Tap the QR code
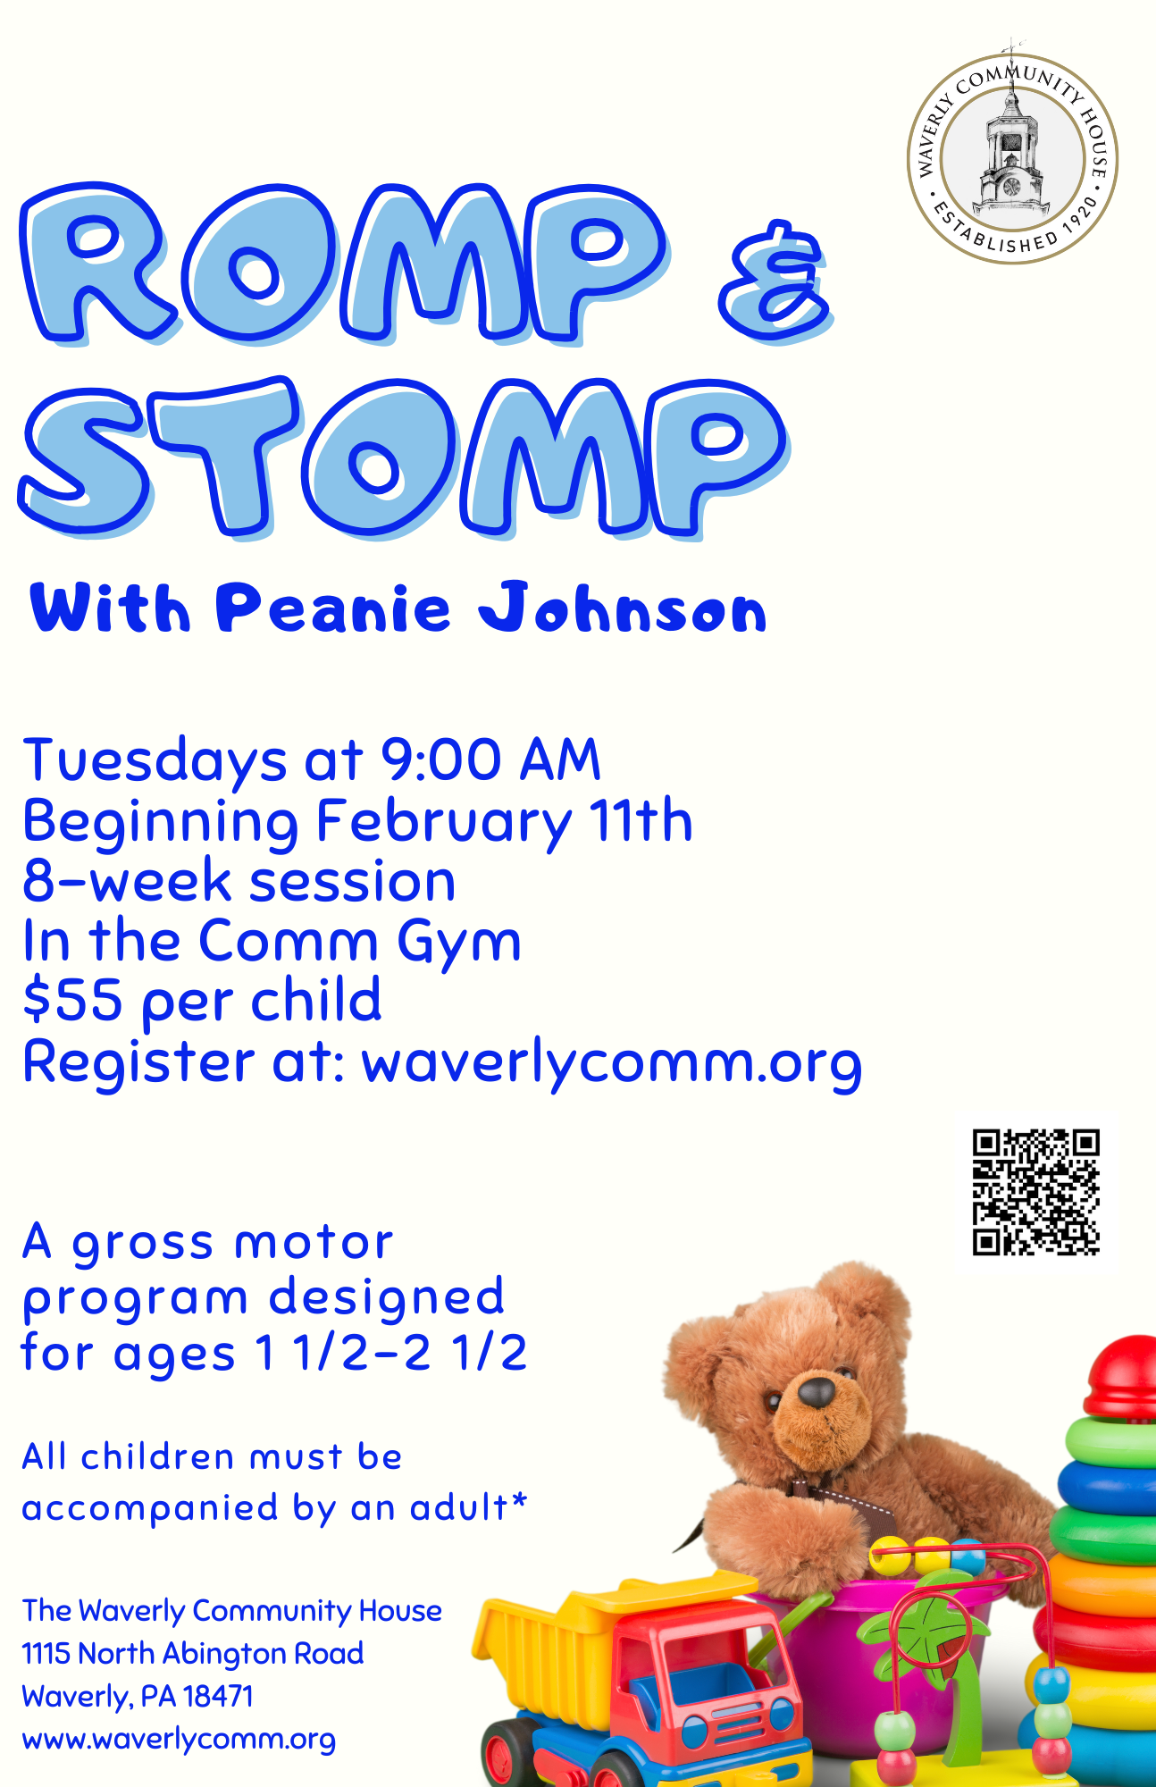[x=1035, y=1192]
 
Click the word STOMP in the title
[x=403, y=457]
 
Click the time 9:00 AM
[x=491, y=760]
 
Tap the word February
[x=445, y=823]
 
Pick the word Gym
[x=459, y=944]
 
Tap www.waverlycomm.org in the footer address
[x=179, y=1740]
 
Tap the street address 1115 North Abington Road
[x=193, y=1653]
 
